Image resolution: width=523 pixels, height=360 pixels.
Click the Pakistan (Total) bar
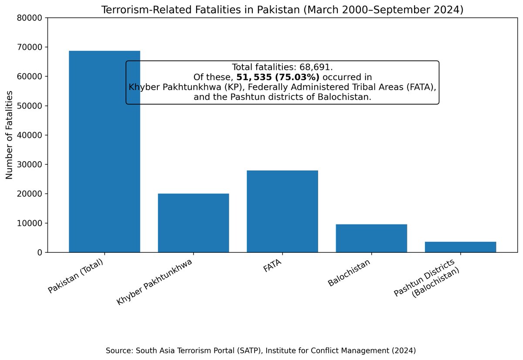104,174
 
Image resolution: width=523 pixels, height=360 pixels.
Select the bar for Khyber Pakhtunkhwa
193,223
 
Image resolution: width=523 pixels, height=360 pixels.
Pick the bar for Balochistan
371,238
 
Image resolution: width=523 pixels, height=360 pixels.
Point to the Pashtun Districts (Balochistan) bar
460,247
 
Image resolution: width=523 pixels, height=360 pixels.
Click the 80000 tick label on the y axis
30,18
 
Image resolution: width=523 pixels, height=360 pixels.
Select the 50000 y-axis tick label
30,106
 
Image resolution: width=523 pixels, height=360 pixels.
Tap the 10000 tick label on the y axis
30,223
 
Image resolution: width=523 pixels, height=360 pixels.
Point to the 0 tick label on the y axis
39,253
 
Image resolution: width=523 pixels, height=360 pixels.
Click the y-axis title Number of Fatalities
10,135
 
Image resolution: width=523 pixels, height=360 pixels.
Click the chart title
282,10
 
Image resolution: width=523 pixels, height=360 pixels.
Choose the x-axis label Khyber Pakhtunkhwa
155,282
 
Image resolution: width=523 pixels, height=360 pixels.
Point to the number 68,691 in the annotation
316,67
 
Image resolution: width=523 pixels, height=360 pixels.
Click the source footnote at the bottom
261,350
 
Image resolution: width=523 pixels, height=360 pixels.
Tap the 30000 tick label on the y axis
30,164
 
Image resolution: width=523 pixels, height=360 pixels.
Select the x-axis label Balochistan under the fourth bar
350,273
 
